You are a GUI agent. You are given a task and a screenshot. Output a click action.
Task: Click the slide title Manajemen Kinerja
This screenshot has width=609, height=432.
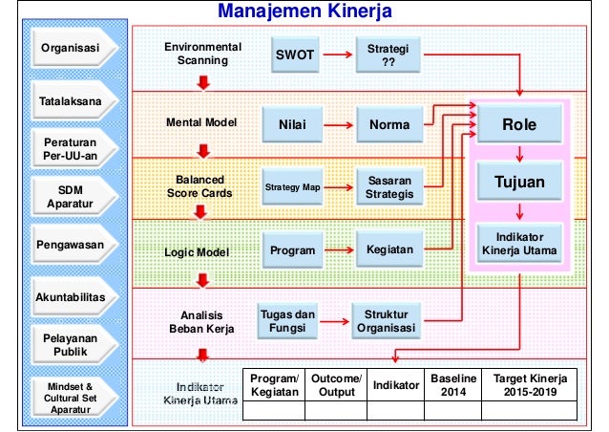tap(304, 11)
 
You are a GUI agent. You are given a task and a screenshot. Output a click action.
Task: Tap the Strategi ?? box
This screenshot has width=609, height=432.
tap(388, 54)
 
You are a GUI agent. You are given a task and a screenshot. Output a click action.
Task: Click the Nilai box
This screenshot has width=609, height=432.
tap(291, 124)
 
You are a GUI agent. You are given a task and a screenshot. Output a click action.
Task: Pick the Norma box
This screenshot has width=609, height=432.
tap(389, 124)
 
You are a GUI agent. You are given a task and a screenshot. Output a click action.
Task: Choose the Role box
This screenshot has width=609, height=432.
tap(519, 124)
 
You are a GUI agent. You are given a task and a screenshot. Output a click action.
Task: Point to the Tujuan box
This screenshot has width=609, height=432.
tap(519, 182)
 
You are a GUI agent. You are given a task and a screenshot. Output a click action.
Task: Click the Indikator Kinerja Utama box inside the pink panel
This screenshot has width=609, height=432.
tap(519, 243)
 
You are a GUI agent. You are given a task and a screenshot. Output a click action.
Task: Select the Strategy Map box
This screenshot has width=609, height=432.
tap(292, 187)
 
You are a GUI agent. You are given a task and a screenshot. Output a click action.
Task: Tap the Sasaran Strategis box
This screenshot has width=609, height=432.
tap(389, 187)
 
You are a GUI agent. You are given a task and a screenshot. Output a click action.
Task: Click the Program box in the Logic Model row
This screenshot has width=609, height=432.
tap(292, 250)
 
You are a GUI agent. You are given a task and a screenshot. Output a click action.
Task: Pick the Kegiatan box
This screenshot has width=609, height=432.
tap(389, 250)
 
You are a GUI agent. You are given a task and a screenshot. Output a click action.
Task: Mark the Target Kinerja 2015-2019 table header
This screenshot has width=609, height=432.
tap(530, 384)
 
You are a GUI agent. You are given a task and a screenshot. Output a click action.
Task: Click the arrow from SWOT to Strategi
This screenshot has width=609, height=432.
tap(336, 54)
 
